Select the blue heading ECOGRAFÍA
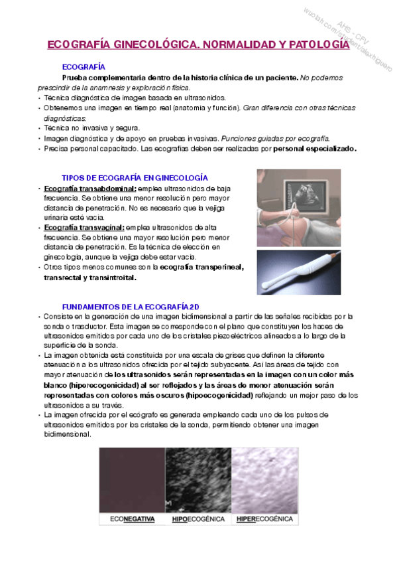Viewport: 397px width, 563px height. click(84, 67)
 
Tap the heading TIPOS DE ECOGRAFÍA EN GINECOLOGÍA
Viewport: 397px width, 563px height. click(135, 178)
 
